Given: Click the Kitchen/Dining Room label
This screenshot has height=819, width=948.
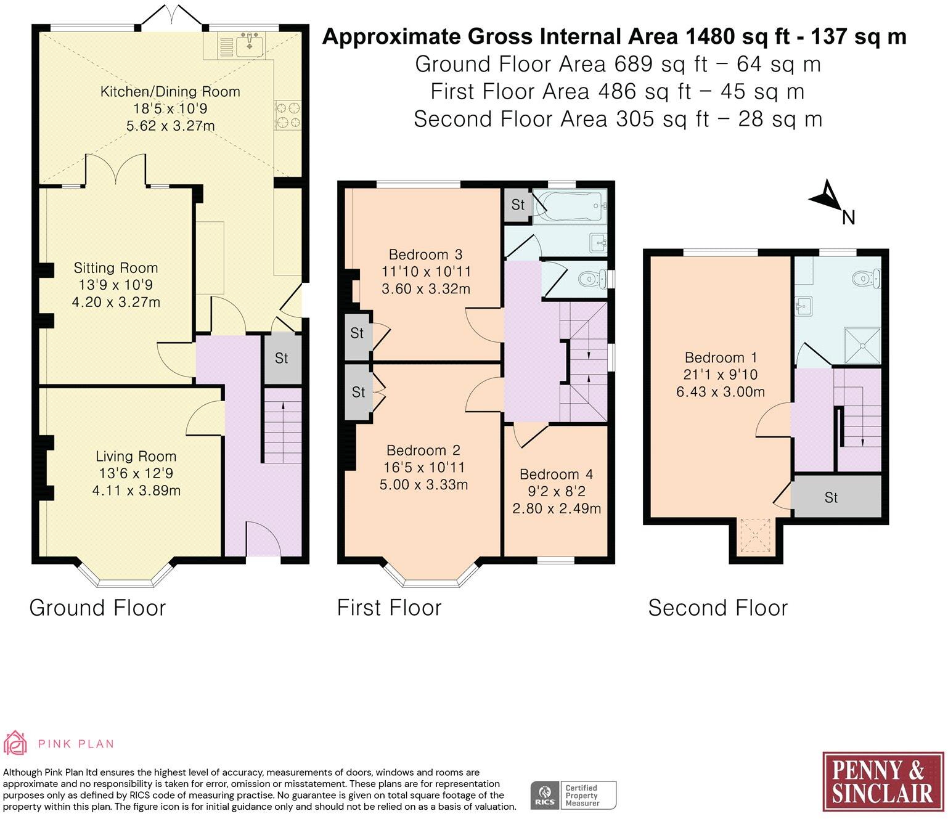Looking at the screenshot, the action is pyautogui.click(x=170, y=92).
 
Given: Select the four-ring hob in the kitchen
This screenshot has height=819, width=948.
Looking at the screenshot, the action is pyautogui.click(x=288, y=115).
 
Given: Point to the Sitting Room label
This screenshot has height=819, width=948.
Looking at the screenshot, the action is pyautogui.click(x=116, y=268).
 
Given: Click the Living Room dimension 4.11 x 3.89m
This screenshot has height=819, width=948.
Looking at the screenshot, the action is pyautogui.click(x=136, y=490).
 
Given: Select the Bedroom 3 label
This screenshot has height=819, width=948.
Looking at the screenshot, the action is pyautogui.click(x=426, y=255).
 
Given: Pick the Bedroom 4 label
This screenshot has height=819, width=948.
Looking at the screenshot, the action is pyautogui.click(x=557, y=474).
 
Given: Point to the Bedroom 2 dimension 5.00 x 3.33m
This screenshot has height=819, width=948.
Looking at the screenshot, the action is pyautogui.click(x=424, y=484).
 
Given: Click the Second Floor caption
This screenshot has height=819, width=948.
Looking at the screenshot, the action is pyautogui.click(x=717, y=608).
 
